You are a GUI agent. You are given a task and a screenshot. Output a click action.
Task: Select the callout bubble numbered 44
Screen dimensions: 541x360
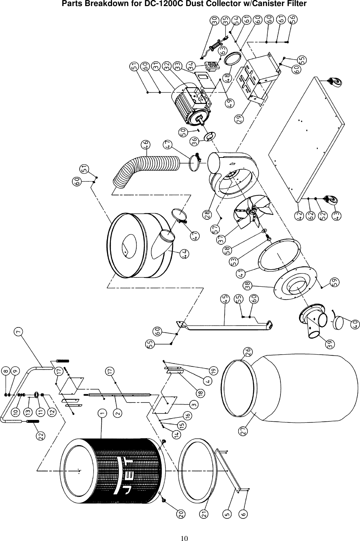tap(185, 254)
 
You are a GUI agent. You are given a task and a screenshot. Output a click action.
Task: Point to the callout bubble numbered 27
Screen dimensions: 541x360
tap(244, 431)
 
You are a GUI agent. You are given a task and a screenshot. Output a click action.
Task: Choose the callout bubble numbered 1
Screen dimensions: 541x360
tap(102, 413)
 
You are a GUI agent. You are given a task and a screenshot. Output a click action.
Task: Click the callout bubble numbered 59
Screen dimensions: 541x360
tap(335, 281)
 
